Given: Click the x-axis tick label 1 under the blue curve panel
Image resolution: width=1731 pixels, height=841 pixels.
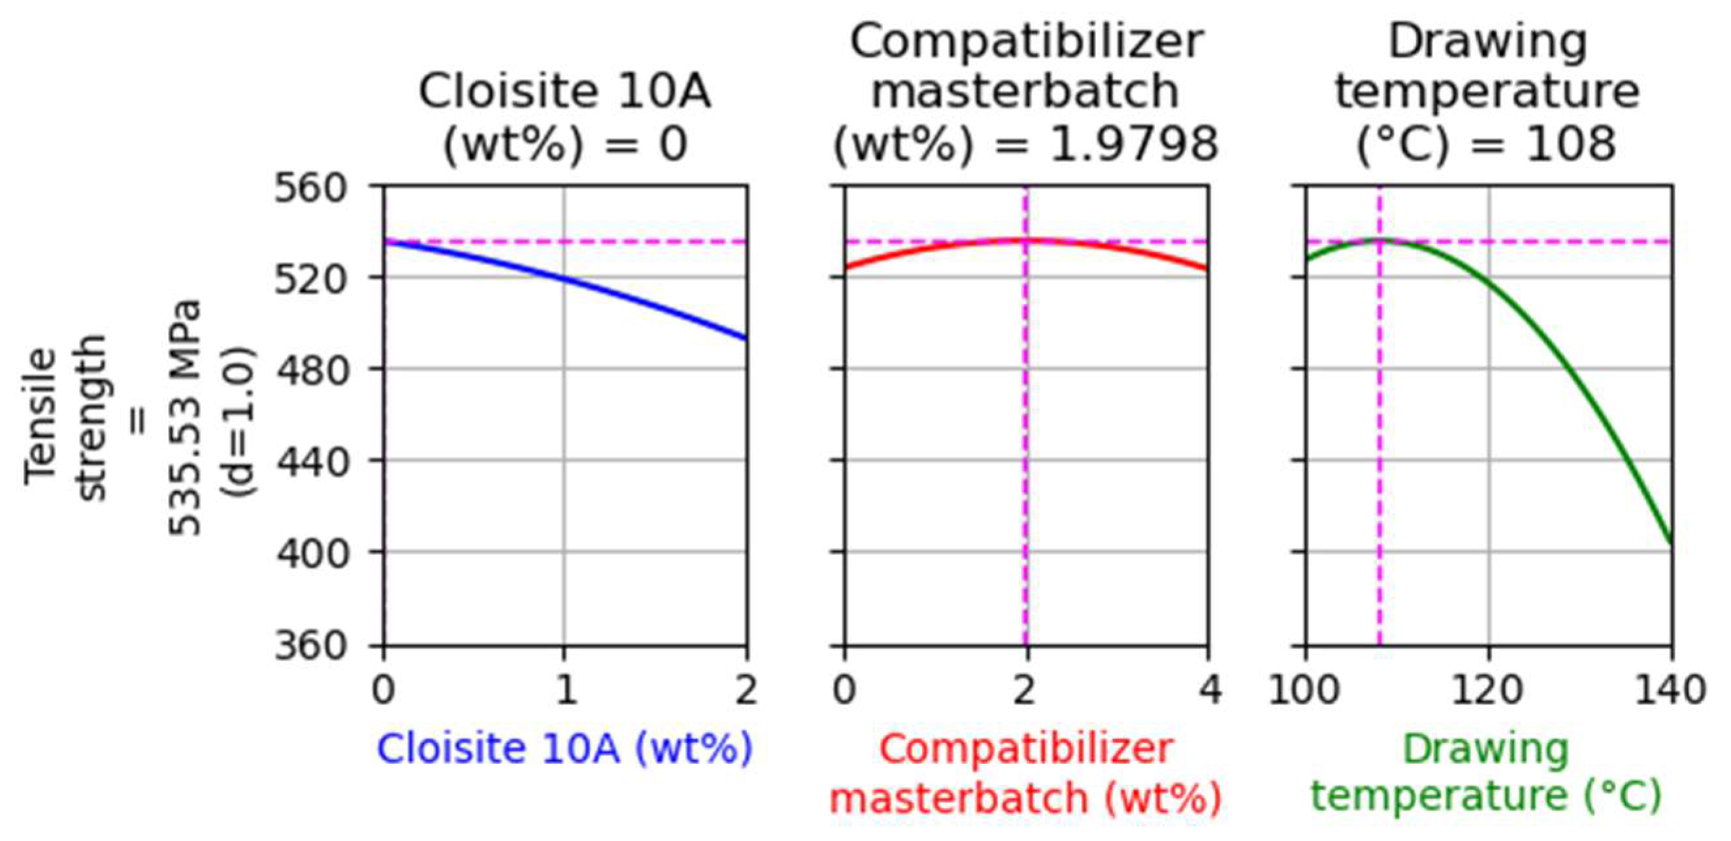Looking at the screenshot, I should click(565, 690).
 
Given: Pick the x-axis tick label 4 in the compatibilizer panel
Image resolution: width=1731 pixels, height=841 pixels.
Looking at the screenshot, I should click(1210, 690).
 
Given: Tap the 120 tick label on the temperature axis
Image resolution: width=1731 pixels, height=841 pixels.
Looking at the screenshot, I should click(1489, 690).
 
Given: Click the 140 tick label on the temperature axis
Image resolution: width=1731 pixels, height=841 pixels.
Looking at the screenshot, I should click(1670, 690).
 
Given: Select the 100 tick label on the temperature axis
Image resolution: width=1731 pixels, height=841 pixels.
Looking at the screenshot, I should click(1305, 690).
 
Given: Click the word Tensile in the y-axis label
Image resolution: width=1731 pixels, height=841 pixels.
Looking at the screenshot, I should click(40, 417).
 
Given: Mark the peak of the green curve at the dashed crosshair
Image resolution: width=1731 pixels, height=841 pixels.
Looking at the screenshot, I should click(1380, 240).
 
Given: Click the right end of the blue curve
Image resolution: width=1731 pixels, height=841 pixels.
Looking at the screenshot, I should click(746, 338).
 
